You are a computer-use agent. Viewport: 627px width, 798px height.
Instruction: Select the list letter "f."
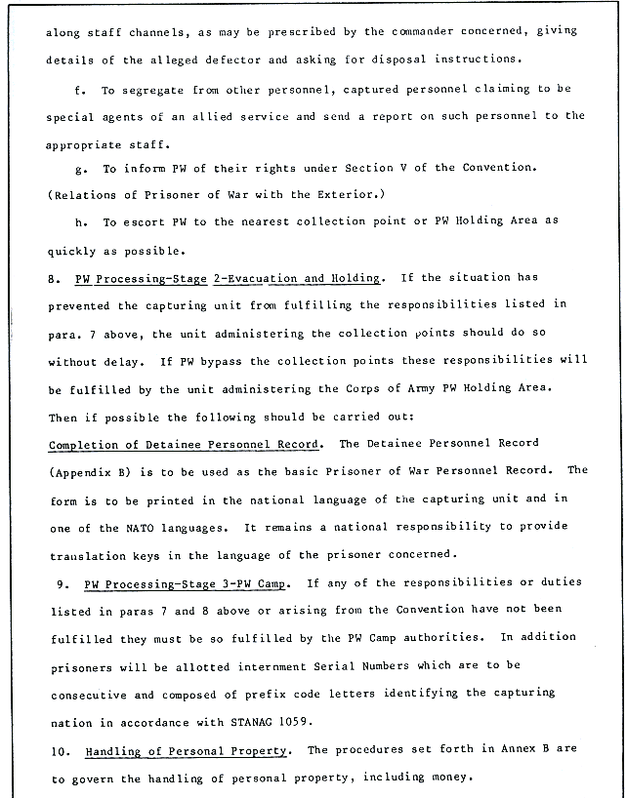(80, 88)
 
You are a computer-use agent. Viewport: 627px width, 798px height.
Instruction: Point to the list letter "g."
(80, 168)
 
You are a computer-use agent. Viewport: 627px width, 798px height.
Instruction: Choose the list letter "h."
(80, 220)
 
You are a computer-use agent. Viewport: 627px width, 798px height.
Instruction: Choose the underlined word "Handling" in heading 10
(115, 751)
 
